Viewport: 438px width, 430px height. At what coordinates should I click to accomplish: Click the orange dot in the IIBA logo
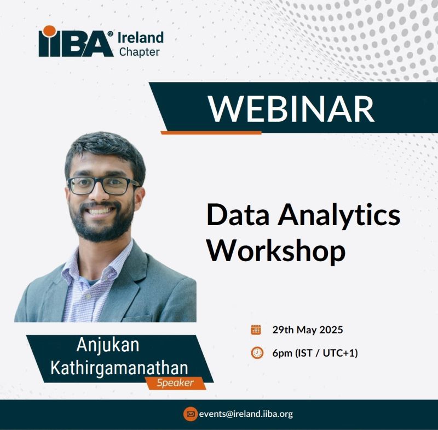[x=50, y=31]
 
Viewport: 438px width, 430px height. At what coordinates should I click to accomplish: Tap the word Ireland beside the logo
[x=141, y=38]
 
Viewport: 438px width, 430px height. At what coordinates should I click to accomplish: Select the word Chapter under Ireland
[x=140, y=52]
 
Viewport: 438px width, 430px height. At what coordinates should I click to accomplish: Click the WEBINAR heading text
[x=291, y=109]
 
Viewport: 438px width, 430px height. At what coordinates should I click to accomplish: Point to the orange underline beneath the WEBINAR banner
[x=211, y=133]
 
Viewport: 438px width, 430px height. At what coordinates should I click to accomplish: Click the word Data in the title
[x=238, y=215]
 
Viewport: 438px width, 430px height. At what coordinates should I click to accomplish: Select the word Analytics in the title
[x=338, y=217]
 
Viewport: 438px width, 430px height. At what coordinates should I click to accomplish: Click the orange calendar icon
[x=256, y=329]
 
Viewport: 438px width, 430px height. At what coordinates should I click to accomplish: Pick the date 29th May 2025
[x=308, y=330]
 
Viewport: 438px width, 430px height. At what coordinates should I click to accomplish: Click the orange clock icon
[x=257, y=353]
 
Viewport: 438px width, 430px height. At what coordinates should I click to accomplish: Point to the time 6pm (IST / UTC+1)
[x=315, y=353]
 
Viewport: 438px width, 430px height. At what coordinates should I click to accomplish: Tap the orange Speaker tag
[x=175, y=383]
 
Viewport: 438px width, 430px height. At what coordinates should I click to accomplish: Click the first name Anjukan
[x=108, y=345]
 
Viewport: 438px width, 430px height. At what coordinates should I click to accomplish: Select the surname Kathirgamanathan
[x=119, y=368]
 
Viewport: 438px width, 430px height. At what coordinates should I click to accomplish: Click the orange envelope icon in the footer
[x=191, y=414]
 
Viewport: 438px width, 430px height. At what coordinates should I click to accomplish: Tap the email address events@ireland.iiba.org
[x=246, y=414]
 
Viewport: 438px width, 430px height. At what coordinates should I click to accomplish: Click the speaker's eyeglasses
[x=103, y=185]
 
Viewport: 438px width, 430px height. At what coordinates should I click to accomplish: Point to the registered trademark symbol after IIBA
[x=111, y=34]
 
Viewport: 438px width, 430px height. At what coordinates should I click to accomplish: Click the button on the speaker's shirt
[x=89, y=296]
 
